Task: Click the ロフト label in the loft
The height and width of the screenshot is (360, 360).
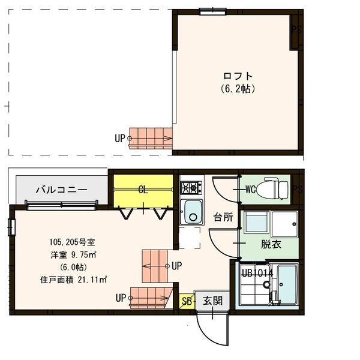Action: pos(238,76)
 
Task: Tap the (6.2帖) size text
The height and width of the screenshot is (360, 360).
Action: pos(238,88)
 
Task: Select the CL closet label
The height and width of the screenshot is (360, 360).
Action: pos(143,190)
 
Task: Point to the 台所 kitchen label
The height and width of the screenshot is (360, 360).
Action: pos(224,217)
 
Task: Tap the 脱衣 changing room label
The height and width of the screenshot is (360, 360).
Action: pos(269,244)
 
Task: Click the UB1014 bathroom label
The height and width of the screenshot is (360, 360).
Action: pos(257,273)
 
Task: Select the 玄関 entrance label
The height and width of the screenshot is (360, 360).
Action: pos(212,300)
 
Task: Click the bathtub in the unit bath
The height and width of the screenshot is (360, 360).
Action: pos(287,284)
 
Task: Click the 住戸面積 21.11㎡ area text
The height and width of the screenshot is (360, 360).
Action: pos(73,279)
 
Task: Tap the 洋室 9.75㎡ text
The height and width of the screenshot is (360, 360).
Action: pos(73,254)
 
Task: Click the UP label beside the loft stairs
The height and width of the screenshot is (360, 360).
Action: pos(120,138)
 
